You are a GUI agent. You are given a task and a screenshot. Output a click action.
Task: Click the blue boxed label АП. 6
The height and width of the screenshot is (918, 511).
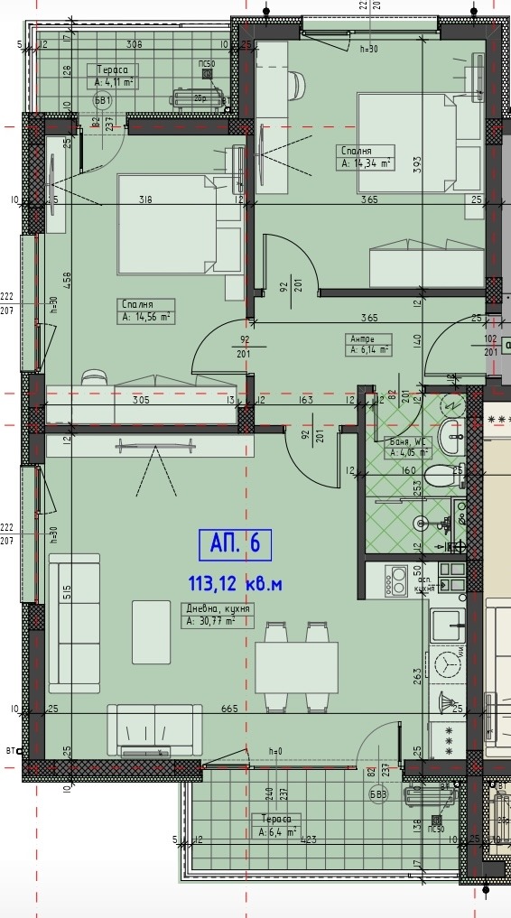235,544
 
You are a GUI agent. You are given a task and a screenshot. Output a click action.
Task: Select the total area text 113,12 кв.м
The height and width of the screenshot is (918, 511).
235,584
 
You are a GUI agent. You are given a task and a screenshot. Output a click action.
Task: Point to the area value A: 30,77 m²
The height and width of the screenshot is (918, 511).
211,621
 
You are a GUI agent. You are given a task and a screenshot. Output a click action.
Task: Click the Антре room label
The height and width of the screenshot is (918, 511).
362,338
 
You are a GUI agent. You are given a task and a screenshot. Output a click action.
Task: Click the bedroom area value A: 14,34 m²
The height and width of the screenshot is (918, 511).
366,163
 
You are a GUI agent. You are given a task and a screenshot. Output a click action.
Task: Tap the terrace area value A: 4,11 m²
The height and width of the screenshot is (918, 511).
114,82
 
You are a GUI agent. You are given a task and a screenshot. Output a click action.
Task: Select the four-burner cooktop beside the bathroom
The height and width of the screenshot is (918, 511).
396,580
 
